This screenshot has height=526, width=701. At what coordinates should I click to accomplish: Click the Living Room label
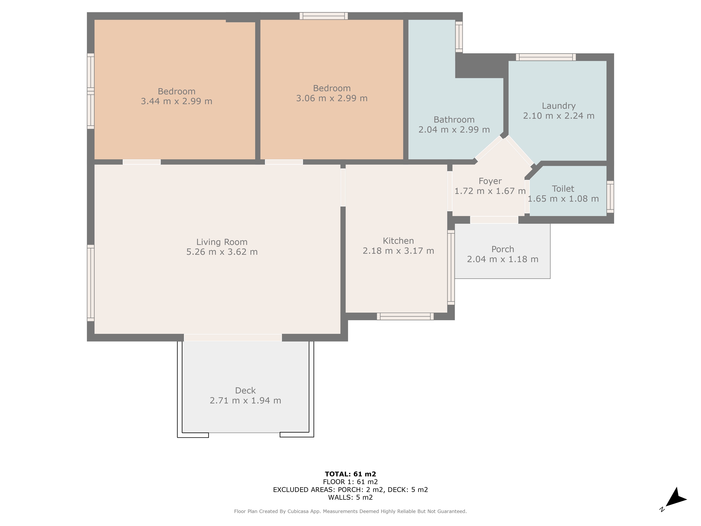(x=222, y=242)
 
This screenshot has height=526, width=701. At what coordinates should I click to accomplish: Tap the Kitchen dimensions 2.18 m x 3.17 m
(x=398, y=251)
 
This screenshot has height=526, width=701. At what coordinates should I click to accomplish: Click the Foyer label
(x=490, y=181)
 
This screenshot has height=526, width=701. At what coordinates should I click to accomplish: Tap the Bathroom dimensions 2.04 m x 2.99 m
(x=454, y=130)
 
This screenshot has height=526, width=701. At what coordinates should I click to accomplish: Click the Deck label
(x=245, y=391)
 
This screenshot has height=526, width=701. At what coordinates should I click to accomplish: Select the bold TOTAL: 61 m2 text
(x=350, y=474)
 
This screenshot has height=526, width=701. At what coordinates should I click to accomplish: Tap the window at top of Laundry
(x=546, y=57)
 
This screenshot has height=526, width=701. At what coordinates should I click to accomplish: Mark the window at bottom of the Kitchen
(x=405, y=316)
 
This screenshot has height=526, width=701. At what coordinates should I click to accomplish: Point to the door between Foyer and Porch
(x=494, y=220)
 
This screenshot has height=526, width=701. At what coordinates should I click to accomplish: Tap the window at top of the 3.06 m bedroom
(x=324, y=16)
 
